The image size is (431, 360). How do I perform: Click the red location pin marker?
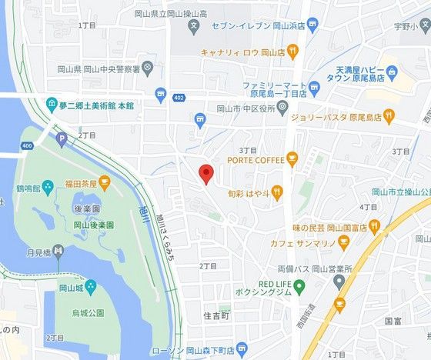205,174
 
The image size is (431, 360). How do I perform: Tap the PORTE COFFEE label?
256,160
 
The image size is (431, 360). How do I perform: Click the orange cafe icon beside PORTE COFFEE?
292,160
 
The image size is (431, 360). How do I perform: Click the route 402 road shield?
179,98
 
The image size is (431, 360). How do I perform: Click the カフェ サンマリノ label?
301,242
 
